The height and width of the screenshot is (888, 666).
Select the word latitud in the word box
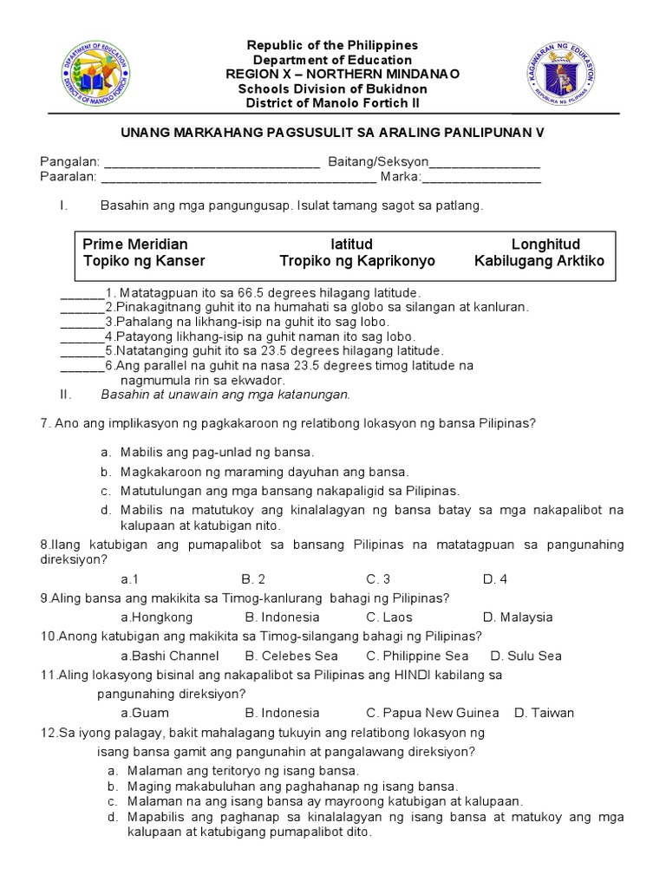click(351, 245)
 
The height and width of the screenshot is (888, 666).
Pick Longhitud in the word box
click(545, 245)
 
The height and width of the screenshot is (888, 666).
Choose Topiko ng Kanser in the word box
click(144, 261)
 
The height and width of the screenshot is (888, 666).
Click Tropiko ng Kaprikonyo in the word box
click(357, 261)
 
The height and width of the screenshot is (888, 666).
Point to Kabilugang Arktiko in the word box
click(539, 261)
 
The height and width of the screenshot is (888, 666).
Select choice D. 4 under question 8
click(494, 578)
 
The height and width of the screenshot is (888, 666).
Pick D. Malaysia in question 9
click(517, 617)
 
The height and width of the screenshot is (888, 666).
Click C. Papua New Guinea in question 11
click(432, 713)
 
